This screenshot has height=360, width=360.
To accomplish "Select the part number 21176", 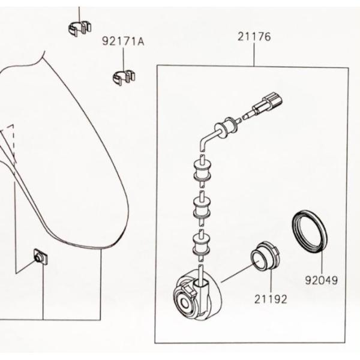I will pyautogui.click(x=254, y=37).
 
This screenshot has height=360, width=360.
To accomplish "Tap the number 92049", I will pyautogui.click(x=321, y=280).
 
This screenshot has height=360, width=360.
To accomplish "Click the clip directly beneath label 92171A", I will pyautogui.click(x=124, y=77).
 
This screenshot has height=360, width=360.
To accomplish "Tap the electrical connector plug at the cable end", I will pyautogui.click(x=268, y=103).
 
